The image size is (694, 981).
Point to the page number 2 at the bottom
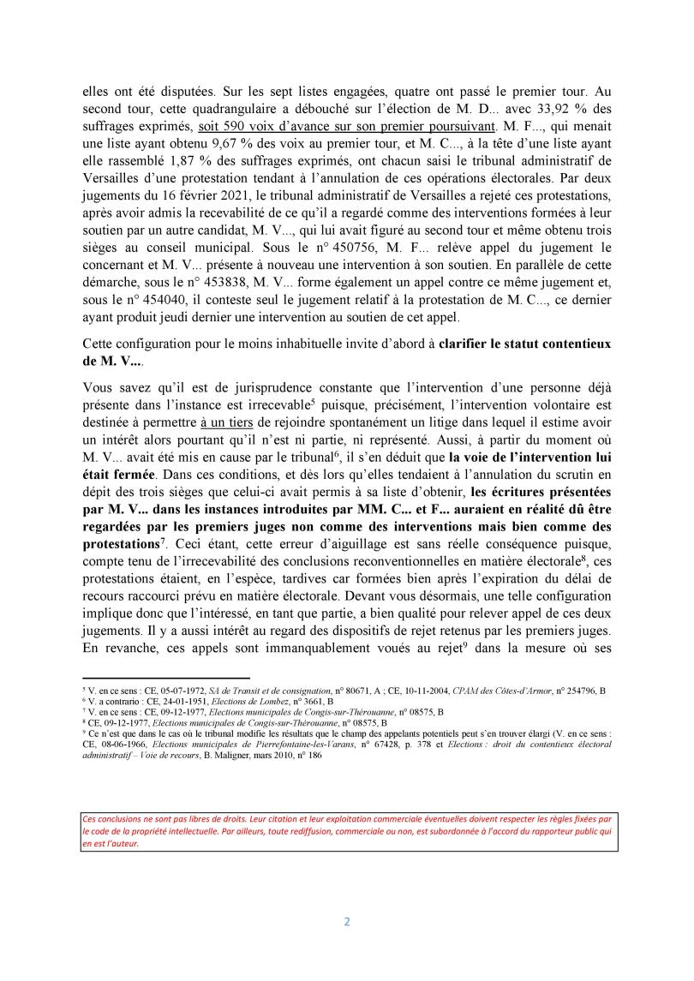(x=347, y=922)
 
